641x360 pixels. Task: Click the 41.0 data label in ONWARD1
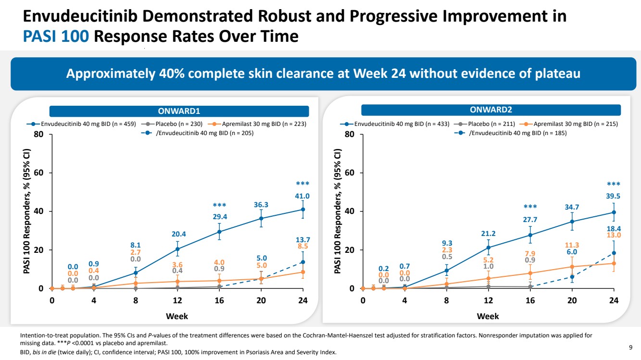coord(302,196)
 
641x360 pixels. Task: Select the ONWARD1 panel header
coord(178,111)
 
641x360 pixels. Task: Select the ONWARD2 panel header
coord(490,110)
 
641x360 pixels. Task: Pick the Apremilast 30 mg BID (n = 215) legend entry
coord(572,124)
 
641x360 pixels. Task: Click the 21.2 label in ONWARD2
coord(489,234)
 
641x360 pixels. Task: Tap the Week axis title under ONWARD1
coord(177,316)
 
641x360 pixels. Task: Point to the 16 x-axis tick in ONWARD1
coord(219,300)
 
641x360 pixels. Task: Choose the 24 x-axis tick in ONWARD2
coord(614,300)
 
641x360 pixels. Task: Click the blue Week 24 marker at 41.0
coord(303,209)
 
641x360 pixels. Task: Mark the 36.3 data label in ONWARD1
coord(261,205)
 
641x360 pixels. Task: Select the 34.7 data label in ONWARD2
coord(572,207)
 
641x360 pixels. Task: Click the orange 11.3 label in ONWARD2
coord(572,245)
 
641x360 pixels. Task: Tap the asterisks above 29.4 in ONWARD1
coord(219,206)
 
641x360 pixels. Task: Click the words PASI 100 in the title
coord(56,36)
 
